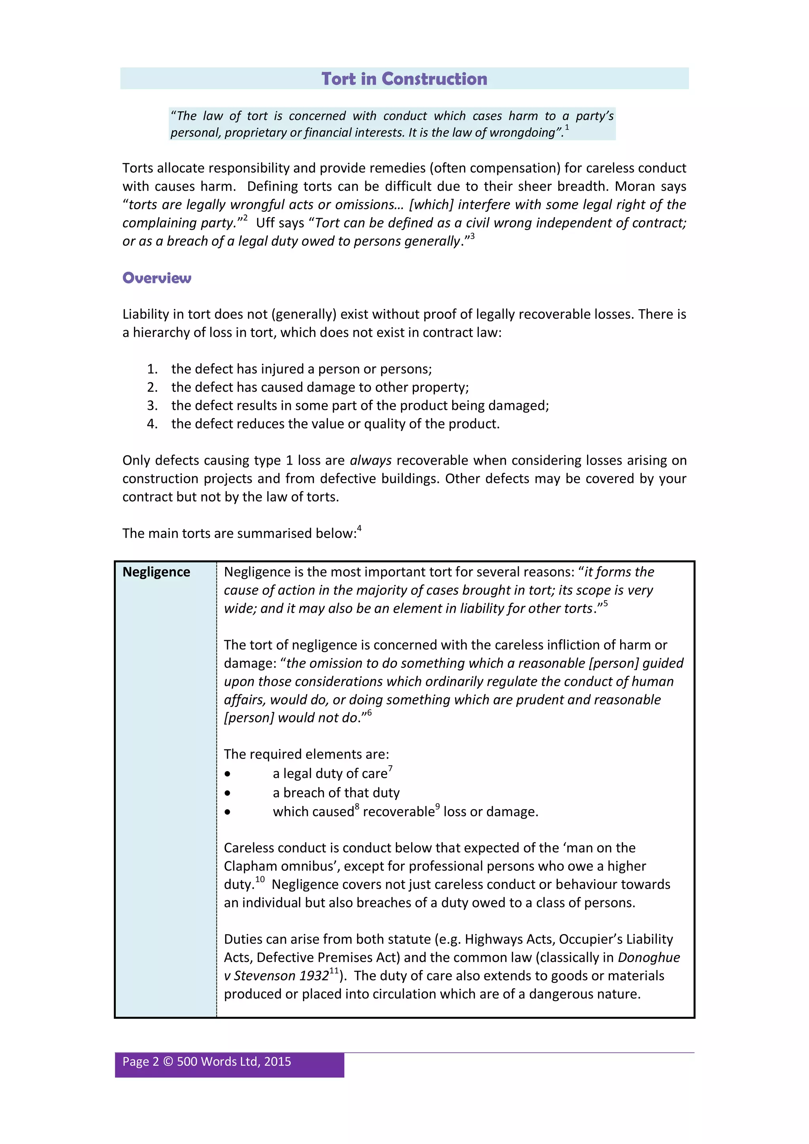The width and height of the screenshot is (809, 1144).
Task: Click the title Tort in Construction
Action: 404,79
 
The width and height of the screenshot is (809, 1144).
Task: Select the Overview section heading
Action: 156,278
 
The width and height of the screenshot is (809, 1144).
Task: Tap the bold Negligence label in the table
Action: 156,572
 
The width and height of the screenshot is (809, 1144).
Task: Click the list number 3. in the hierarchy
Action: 152,406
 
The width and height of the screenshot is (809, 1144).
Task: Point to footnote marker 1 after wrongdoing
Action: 567,128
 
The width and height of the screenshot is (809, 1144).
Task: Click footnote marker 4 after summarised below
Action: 359,529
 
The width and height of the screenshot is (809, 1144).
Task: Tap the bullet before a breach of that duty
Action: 227,793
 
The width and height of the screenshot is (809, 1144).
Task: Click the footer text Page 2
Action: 141,1062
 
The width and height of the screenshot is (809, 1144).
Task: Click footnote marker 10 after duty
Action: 260,879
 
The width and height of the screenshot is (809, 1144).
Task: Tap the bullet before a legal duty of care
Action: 227,774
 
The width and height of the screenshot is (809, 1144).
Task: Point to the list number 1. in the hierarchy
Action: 152,369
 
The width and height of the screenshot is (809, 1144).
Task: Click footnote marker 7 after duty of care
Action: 390,769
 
